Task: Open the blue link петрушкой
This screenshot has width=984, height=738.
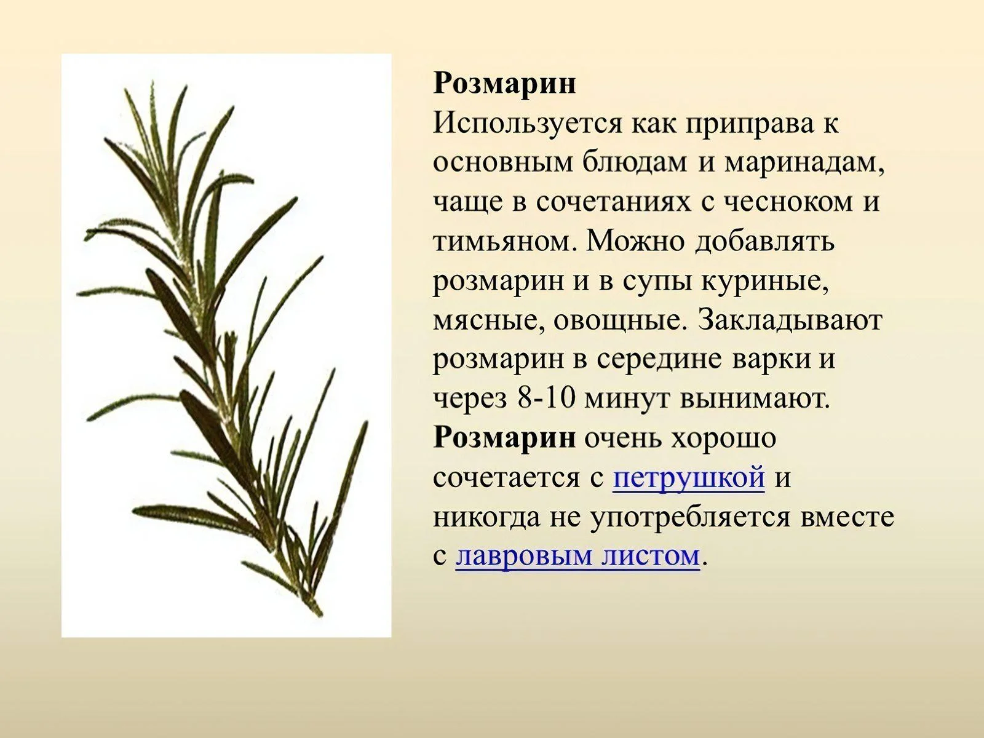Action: pos(689,477)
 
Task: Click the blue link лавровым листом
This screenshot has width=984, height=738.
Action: pos(577,555)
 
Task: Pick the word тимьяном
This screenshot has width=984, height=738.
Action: pos(504,242)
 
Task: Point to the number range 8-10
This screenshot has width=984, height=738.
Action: pos(546,398)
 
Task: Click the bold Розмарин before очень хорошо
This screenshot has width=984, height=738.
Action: pos(504,438)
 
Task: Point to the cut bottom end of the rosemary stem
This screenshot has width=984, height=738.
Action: pos(320,613)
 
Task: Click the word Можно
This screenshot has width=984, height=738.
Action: pos(635,242)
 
